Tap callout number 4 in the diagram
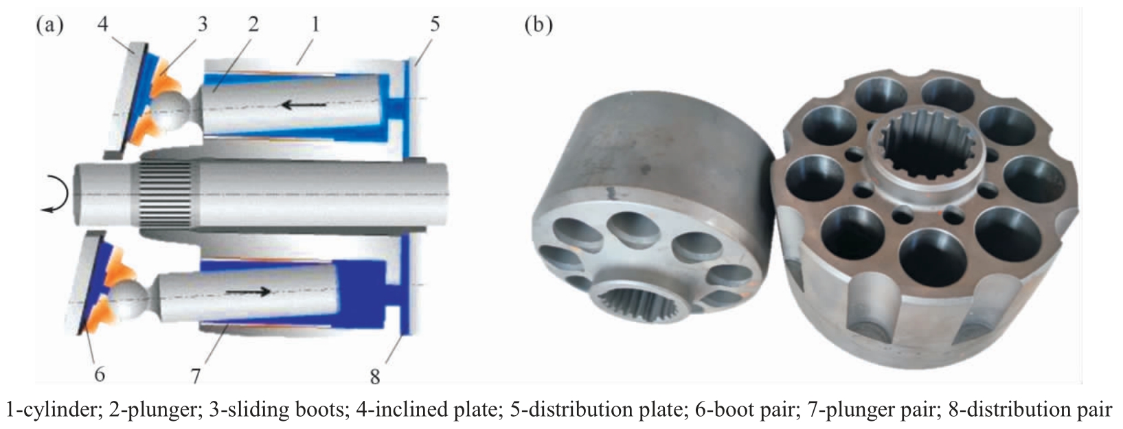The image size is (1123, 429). click(103, 24)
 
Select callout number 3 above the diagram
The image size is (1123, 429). click(202, 24)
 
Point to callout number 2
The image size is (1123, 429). click(253, 24)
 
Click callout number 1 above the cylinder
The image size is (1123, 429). click(315, 24)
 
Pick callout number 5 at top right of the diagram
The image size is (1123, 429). click(435, 24)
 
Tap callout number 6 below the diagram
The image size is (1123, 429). click(100, 373)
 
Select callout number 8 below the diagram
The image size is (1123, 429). click(375, 376)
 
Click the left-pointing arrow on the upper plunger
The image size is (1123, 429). click(304, 105)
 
